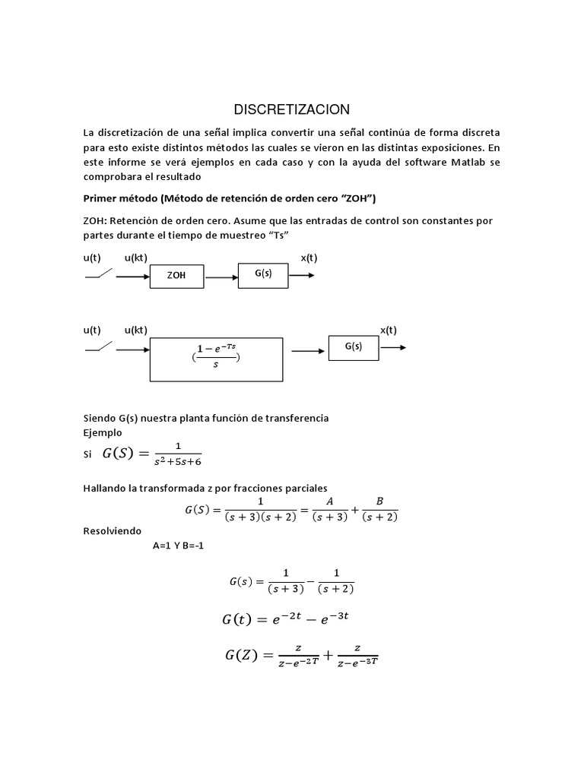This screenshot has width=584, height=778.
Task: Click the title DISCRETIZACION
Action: point(291,109)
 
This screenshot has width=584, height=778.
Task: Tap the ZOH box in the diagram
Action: point(177,277)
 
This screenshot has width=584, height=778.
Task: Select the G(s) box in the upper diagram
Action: point(263,274)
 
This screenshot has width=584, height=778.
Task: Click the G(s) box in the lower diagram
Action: point(353,346)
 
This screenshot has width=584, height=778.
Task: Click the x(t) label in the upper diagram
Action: point(309,258)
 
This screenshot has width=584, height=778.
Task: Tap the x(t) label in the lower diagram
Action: point(388,330)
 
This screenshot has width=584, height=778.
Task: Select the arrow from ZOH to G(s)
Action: point(221,277)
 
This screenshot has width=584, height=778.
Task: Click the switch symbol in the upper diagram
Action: point(99,274)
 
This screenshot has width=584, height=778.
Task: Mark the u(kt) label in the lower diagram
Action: point(135,330)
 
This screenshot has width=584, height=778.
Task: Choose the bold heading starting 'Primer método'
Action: point(230,198)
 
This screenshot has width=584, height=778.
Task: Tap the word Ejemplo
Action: point(103,432)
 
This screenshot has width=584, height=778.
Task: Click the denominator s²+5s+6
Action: point(179,460)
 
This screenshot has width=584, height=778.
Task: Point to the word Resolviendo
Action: point(112,530)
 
